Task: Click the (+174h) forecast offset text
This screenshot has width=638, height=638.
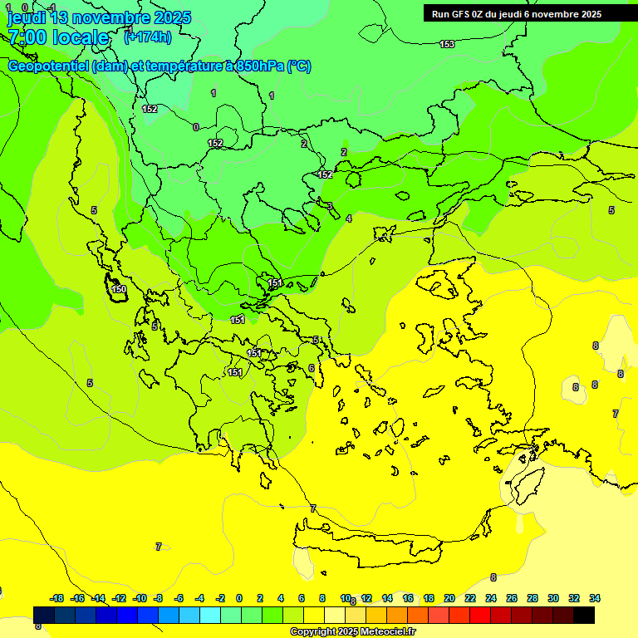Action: click(148, 37)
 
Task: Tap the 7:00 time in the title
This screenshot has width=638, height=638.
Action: click(27, 37)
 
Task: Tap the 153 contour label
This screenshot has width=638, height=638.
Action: click(447, 44)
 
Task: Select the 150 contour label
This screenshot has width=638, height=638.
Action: click(119, 289)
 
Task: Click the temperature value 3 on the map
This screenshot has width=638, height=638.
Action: click(330, 206)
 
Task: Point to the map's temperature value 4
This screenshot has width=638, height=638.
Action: click(349, 218)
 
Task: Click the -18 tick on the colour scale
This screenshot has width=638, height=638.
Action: click(57, 598)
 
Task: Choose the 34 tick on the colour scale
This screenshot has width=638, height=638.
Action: click(595, 598)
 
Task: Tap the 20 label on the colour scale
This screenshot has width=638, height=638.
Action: click(449, 598)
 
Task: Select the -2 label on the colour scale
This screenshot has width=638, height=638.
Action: click(220, 598)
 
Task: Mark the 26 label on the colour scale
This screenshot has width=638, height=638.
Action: click(512, 598)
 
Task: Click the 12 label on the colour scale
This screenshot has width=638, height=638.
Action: click(366, 598)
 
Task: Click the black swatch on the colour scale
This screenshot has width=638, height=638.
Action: click(584, 615)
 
